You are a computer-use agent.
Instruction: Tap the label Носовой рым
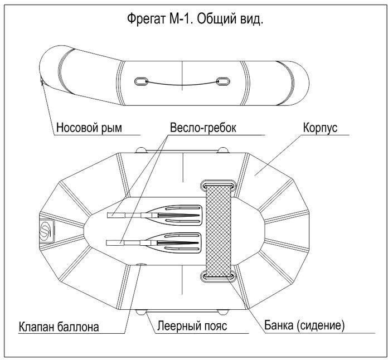point(89,128)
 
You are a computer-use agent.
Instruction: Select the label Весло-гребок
point(203,128)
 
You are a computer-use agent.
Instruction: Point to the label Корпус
point(320,128)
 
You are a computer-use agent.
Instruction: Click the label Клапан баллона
point(59,327)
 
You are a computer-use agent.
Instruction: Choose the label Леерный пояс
point(192,325)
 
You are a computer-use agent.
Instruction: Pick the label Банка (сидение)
point(304,325)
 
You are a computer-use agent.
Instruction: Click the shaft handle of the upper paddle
point(117,215)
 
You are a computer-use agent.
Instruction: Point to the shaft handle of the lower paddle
point(115,243)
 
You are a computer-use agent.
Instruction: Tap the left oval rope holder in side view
point(141,81)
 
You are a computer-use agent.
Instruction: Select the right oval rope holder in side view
point(223,81)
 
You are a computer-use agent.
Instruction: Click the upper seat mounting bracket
point(219,185)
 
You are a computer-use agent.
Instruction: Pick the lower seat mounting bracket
point(219,276)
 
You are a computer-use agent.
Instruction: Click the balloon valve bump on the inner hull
point(141,265)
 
